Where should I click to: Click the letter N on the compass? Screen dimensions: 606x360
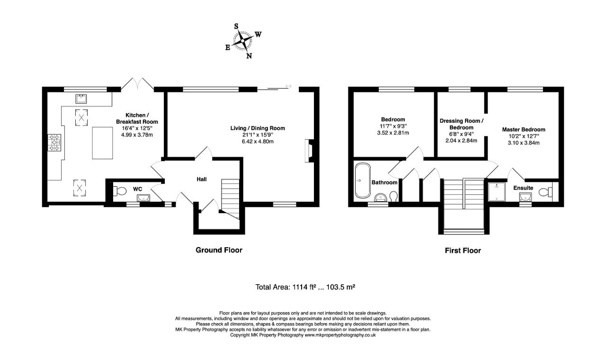(x=249, y=56)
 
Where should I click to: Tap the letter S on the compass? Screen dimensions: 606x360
(x=236, y=26)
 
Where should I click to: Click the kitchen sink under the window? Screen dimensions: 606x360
(x=81, y=99)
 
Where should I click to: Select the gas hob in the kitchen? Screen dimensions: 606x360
(x=54, y=143)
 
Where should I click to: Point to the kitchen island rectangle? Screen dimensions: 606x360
(x=102, y=143)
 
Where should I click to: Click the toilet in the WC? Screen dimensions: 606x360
(x=119, y=191)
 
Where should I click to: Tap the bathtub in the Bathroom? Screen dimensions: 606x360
(x=363, y=180)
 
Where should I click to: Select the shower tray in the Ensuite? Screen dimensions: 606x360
(x=497, y=192)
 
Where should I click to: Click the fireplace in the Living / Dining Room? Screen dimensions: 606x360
(x=310, y=151)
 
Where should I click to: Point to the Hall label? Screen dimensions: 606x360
(x=202, y=179)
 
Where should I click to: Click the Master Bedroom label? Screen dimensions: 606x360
(x=524, y=129)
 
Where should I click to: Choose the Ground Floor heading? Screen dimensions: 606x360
(x=219, y=250)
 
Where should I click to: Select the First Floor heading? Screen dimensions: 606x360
(x=463, y=251)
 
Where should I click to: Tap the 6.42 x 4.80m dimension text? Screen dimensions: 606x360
(x=258, y=141)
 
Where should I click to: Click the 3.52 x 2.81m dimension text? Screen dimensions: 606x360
(x=393, y=133)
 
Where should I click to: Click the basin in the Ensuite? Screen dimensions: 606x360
(x=526, y=197)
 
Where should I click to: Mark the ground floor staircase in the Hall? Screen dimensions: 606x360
(x=231, y=199)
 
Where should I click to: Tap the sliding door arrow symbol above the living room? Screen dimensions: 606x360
(x=288, y=86)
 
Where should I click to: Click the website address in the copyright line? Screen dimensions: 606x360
(x=340, y=335)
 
